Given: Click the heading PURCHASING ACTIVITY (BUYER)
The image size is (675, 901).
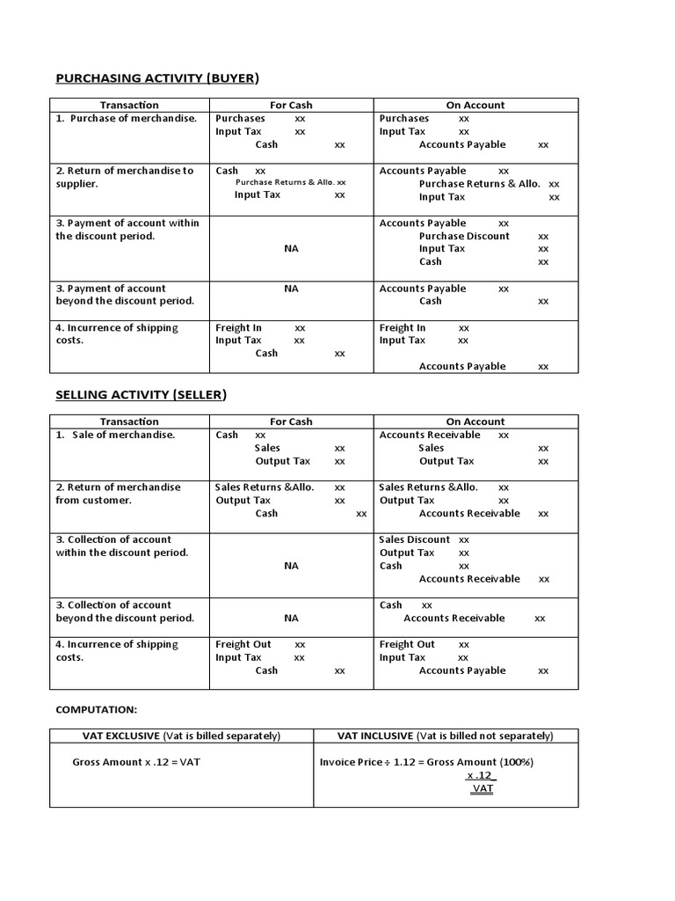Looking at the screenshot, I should point(157,78).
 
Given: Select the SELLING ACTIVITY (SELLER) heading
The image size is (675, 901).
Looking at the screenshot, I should point(141,395).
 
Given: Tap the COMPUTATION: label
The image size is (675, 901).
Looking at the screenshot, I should point(97,709).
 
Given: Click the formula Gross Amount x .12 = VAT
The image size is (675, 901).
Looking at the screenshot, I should point(136,762).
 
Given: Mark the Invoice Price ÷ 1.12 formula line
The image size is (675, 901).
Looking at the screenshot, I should point(426,762).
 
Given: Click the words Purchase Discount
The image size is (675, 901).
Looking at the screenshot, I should point(464,236).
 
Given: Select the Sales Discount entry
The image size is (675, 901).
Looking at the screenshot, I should point(415,539).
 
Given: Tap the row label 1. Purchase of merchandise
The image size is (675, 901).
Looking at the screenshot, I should point(127,118).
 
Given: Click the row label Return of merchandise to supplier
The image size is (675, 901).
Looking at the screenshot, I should point(125,177).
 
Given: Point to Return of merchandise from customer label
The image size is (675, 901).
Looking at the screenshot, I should point(118,494).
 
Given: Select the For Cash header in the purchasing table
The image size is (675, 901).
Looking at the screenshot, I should point(291,105).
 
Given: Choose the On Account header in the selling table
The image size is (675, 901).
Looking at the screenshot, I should point(475,421).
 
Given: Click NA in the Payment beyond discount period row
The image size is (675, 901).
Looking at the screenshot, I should point(291,288).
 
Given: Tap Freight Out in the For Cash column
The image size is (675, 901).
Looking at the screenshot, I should point(243,644).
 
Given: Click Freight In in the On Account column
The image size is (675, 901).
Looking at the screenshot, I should point(403,327).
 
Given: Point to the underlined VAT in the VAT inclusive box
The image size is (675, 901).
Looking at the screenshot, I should point(482,789).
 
